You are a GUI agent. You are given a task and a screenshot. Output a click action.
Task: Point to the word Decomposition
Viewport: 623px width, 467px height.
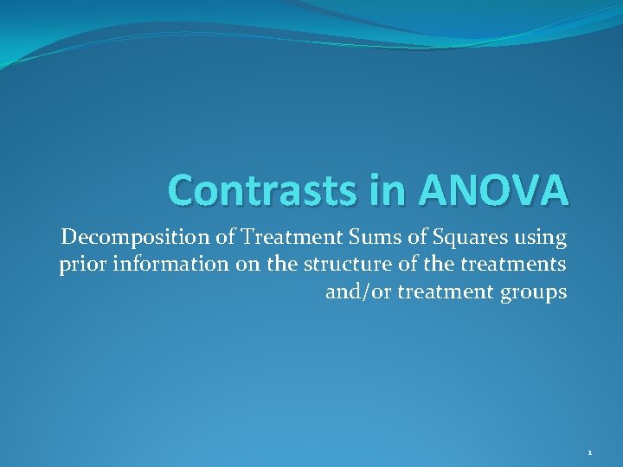tap(119, 237)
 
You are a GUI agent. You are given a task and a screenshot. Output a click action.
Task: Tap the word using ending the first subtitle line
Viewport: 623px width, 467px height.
tap(543, 237)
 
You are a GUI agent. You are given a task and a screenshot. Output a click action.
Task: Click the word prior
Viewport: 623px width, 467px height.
tap(79, 265)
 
